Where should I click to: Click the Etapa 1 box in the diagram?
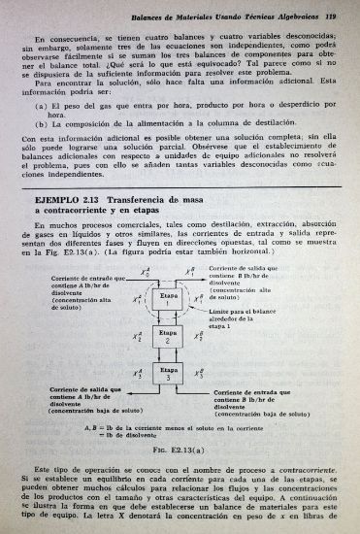click(169, 298)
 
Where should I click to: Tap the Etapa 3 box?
click(169, 373)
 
